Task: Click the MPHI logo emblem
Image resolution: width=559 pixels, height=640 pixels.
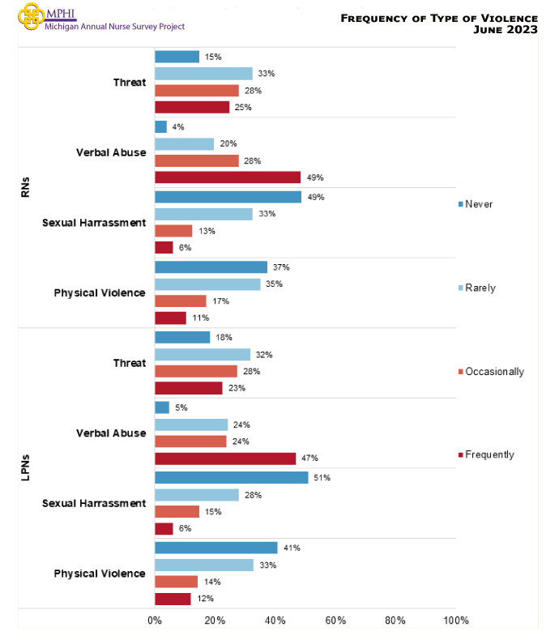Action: coord(32,15)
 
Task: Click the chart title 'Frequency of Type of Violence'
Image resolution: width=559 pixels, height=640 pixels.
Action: coord(438,17)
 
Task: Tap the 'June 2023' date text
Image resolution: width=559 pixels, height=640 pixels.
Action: coord(506,30)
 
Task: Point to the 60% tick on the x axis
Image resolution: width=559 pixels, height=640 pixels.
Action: coord(335,621)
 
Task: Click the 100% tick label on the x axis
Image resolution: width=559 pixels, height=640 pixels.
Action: coord(455,621)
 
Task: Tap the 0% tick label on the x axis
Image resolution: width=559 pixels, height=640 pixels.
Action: coord(155,621)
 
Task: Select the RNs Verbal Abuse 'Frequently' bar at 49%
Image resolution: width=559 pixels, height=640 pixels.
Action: coord(228,177)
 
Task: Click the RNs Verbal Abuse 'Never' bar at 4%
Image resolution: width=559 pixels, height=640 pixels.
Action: coord(160,127)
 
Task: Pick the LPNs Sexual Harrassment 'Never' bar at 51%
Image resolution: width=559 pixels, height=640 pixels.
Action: coord(231,478)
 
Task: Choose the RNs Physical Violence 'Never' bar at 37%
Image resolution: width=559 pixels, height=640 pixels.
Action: coord(211,267)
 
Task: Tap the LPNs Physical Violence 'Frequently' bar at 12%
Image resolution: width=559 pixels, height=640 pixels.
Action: coord(173,599)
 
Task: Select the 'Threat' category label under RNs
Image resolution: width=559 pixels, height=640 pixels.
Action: coord(130,83)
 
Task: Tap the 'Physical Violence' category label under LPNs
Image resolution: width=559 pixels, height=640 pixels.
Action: coord(100,574)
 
